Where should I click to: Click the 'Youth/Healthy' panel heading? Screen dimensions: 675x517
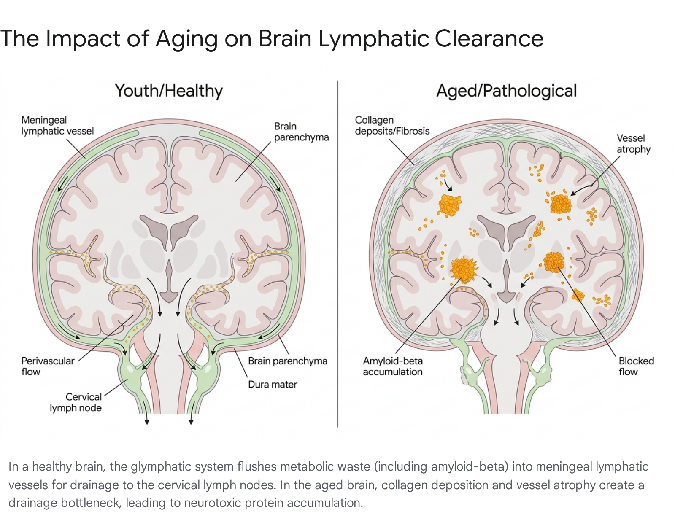169,91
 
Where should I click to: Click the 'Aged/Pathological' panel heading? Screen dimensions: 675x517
506,91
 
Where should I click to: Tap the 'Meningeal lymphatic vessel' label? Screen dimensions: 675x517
57,125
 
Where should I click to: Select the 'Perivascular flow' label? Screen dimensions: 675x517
48,366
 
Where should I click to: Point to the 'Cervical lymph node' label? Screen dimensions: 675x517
76,402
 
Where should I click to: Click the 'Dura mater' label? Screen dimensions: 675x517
273,385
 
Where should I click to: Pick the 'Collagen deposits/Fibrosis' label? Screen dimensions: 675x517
392,125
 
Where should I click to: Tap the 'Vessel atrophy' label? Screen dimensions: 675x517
633,144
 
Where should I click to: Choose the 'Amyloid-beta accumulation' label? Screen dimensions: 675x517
393,366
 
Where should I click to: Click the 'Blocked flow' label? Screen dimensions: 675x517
636,366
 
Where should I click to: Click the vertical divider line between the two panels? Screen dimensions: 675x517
337,254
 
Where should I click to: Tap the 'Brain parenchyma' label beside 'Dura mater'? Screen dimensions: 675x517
288,361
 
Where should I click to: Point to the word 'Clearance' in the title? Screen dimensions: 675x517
489,39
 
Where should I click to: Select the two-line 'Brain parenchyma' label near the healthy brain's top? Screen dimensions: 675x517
301,132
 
